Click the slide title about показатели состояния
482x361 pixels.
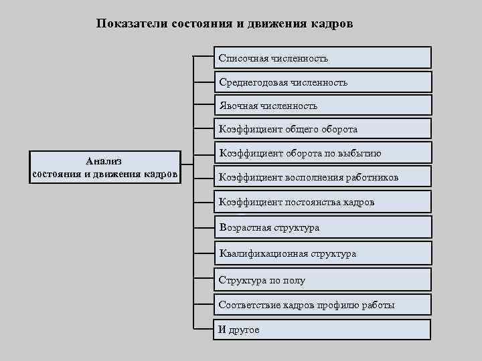224,23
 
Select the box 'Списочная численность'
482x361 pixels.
323,58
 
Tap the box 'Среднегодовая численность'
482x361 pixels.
323,82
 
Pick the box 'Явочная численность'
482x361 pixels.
323,106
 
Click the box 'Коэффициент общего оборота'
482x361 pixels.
323,129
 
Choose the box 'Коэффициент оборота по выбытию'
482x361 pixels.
323,153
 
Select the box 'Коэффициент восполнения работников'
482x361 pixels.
323,177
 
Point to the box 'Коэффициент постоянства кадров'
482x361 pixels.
323,201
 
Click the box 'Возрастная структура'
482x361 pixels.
323,227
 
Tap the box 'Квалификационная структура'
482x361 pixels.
323,253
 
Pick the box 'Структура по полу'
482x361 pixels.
323,280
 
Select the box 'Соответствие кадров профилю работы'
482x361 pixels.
323,305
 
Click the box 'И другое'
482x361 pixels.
323,330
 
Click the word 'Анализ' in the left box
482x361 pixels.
103,161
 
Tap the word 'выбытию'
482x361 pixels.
363,153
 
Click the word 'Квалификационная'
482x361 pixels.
257,253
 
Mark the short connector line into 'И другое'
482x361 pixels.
204,328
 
